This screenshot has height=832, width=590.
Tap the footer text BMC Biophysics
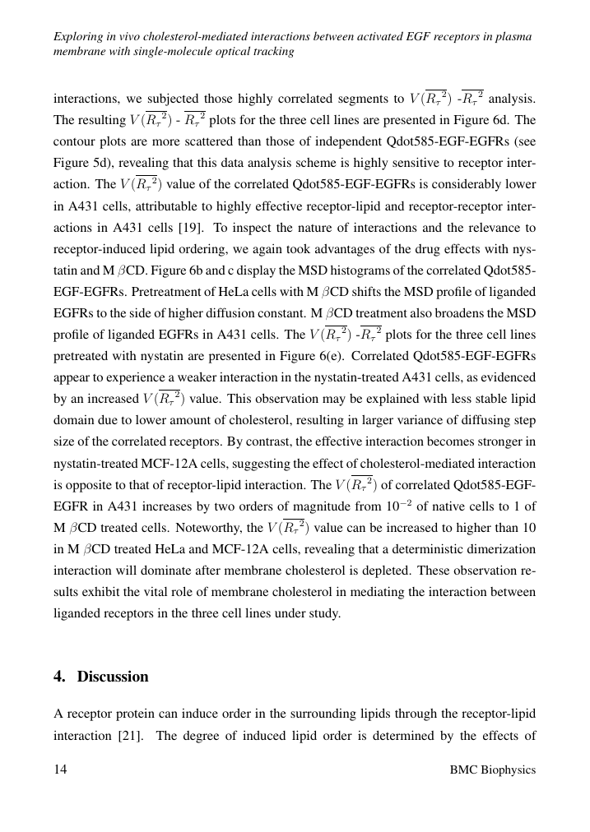click(x=493, y=770)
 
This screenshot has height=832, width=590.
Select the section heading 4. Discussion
click(x=101, y=677)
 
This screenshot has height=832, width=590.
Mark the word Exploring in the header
click(x=77, y=37)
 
